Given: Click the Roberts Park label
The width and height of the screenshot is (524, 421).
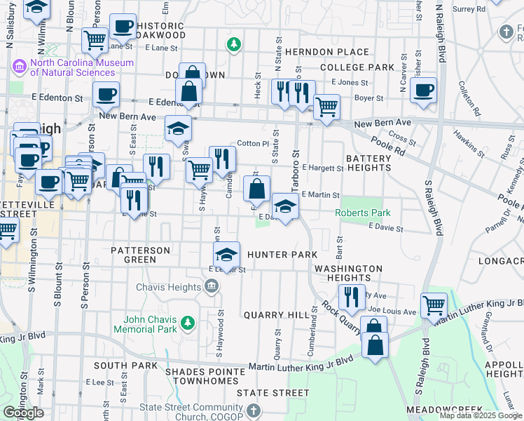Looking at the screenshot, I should pos(362,213).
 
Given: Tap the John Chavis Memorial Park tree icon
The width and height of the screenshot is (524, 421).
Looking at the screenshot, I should pos(187,323).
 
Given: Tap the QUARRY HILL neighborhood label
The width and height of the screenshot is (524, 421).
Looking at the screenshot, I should pos(276,315).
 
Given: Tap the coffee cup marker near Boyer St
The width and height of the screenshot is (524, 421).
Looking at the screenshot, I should pos(423,91).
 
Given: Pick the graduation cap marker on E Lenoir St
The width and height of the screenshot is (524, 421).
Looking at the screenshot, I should pos(227,255).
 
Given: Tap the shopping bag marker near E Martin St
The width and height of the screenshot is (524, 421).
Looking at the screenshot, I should pos(256,189).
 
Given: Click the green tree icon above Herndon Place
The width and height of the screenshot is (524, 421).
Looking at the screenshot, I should pos(234,45).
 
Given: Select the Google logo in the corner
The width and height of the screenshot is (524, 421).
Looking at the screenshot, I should pos(23,413).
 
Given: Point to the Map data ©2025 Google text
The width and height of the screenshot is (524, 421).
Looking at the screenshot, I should pos(480,415).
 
